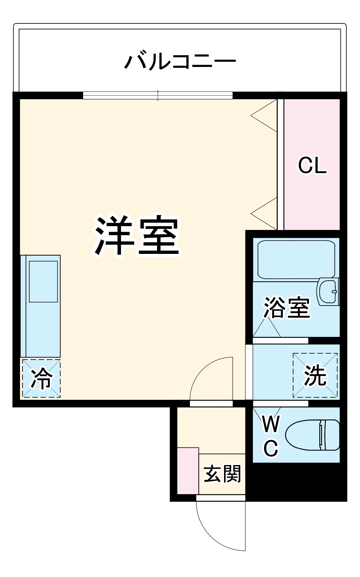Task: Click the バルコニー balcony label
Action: click(180, 61)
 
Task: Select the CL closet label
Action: click(312, 166)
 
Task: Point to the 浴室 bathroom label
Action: click(287, 308)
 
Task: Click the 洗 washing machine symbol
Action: click(315, 375)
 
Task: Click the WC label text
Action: click(271, 436)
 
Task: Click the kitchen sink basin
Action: click(43, 281)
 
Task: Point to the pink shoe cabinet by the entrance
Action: click(188, 470)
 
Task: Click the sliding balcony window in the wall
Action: click(158, 95)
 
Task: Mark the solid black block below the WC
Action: click(296, 481)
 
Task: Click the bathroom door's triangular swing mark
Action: click(266, 327)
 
